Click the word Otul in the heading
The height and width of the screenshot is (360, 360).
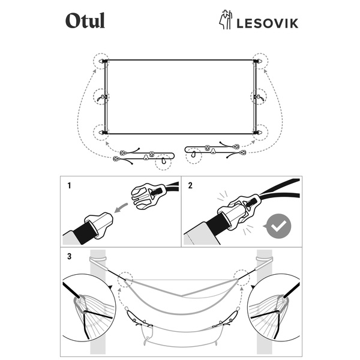coord(85,21)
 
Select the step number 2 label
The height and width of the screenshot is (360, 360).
coord(190,185)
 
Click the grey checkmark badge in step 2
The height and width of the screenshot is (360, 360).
coord(278,225)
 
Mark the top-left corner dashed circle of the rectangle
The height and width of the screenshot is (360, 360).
coord(103,61)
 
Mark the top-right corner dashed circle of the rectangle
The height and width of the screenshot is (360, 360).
coord(259,61)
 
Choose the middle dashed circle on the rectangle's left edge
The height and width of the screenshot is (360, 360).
coord(103,96)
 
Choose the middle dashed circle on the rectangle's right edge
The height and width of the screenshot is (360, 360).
coord(259,96)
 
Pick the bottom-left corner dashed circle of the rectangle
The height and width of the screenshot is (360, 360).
coord(103,131)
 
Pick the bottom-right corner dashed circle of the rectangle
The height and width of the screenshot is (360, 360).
coord(259,131)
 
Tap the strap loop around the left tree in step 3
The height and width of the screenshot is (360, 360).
coord(97,259)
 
